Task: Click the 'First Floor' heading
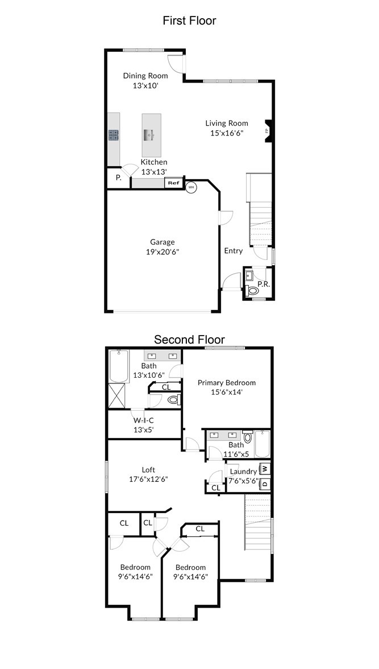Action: point(189,20)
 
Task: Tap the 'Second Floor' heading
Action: point(189,340)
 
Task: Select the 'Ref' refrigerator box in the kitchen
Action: point(173,183)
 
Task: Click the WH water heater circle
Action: point(191,187)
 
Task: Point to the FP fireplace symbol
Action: point(269,131)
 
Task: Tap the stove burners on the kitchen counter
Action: point(114,135)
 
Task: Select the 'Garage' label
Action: point(162,242)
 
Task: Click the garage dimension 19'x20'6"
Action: point(162,251)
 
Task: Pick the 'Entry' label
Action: point(233,251)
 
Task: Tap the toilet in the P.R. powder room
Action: point(253,291)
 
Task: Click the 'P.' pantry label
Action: point(119,178)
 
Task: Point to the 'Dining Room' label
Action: point(145,76)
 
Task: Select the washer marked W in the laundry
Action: point(265,469)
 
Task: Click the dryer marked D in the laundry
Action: point(265,484)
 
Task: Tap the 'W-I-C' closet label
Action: point(144,420)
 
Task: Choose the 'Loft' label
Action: point(149,470)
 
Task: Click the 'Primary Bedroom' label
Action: point(226,383)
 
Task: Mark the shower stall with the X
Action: point(117,395)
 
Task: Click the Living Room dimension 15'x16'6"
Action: point(227,133)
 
